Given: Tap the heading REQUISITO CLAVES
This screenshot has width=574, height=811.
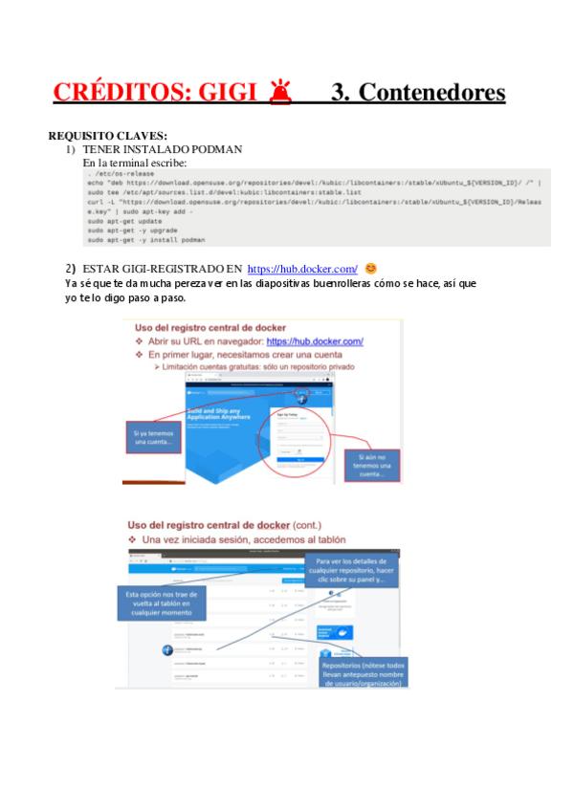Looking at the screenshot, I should (x=107, y=136).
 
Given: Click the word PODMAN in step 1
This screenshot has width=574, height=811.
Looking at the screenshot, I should (x=217, y=149).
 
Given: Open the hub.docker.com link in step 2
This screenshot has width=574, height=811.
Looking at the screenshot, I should (x=302, y=270).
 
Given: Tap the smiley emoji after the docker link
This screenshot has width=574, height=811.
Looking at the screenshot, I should (x=371, y=269).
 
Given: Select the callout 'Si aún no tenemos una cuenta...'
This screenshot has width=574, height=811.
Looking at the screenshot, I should (x=369, y=465).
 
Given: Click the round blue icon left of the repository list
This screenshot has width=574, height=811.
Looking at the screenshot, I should (x=166, y=650).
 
